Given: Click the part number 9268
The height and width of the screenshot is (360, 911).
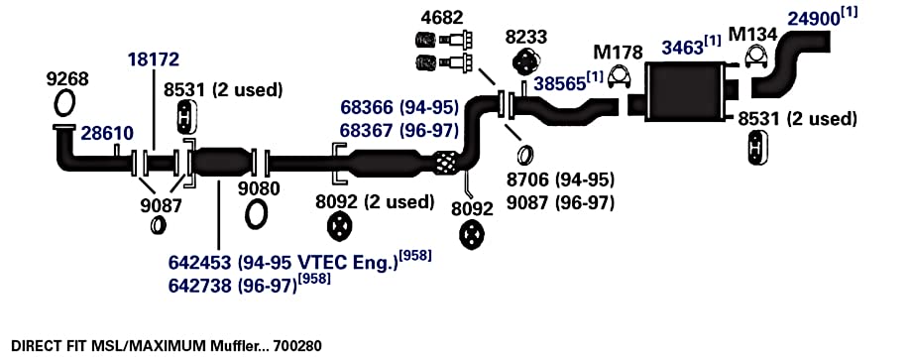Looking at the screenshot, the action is [x=67, y=79].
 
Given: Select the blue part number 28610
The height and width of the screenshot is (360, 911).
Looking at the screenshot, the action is [x=107, y=133].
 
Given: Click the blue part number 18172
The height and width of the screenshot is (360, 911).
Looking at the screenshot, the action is [x=154, y=60].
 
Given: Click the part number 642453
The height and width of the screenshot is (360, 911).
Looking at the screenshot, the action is [x=200, y=263].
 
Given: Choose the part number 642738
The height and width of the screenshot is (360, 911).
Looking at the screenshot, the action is [x=200, y=287].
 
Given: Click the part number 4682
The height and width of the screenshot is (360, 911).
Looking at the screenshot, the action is [x=443, y=18].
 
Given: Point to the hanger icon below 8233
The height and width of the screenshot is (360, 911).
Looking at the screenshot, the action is [x=525, y=60].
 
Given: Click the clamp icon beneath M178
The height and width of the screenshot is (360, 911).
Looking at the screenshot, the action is [x=620, y=77].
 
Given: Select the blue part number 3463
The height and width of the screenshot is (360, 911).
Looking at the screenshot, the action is [x=683, y=48].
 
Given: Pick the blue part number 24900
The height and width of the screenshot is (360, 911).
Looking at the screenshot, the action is [x=814, y=19].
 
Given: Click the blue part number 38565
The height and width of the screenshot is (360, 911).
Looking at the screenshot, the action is [x=559, y=82].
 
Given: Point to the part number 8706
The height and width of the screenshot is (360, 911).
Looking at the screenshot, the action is [x=528, y=180].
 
